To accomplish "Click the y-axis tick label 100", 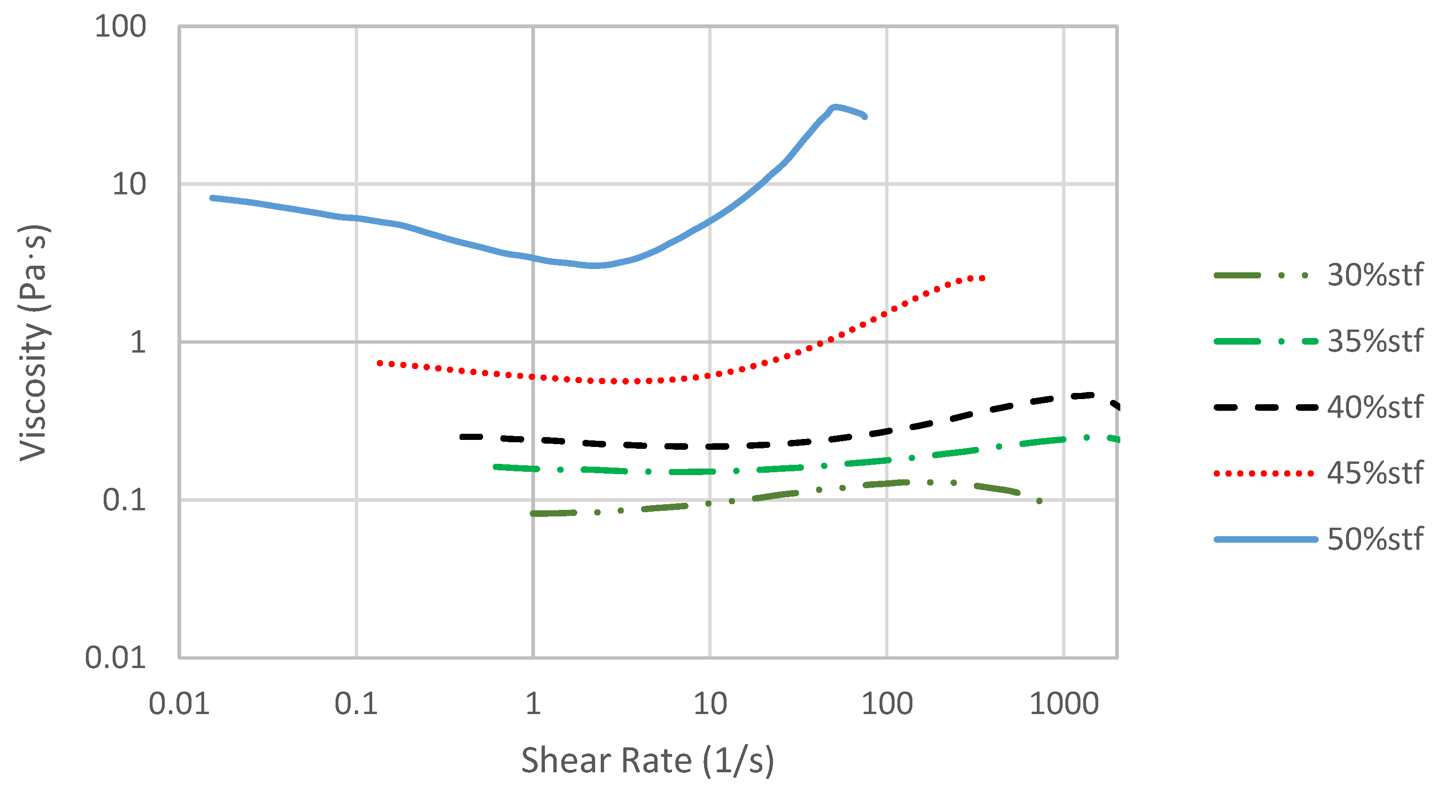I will tap(120, 26).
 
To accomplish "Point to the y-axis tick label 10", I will tap(129, 184).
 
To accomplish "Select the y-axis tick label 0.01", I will tap(115, 657).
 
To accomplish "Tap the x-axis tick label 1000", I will tap(1064, 704).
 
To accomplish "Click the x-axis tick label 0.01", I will tap(179, 704).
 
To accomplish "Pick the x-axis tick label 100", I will tap(887, 704).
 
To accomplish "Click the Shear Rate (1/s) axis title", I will tap(647, 761).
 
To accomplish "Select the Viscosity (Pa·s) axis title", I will tap(33, 342).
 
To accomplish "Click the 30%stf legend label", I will tap(1375, 275).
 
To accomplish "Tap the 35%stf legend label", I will tap(1375, 341).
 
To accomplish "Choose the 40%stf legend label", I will tap(1375, 407).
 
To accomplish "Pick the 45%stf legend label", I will tap(1375, 473).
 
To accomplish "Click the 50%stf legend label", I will tap(1375, 539).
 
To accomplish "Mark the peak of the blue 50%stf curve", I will tap(834, 107).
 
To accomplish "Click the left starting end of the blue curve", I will tap(212, 198).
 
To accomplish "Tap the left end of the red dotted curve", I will tap(379, 363).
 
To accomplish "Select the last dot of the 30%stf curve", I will tap(1039, 501).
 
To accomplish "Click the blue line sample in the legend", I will tap(1265, 539).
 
